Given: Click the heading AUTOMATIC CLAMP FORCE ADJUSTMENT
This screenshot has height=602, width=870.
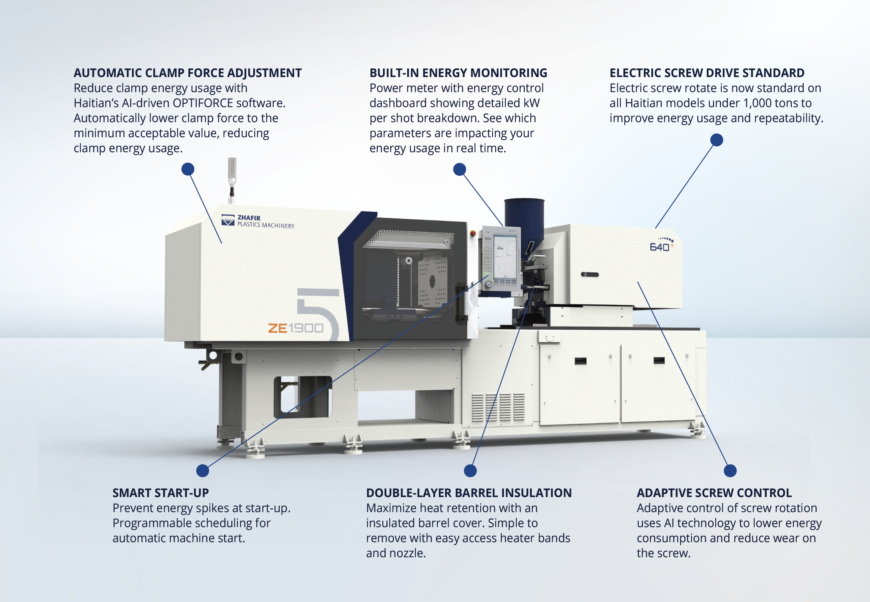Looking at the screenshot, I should (x=188, y=73).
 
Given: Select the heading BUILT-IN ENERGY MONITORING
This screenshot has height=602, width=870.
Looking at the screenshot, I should (x=458, y=73).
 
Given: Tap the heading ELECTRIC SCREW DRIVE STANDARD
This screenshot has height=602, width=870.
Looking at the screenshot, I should (x=707, y=73).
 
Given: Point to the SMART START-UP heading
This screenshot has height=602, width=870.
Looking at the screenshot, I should (x=160, y=493).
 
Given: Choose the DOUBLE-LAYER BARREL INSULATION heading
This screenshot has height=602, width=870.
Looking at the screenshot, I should (x=469, y=493).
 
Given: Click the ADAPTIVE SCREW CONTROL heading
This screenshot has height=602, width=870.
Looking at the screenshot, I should (x=714, y=493).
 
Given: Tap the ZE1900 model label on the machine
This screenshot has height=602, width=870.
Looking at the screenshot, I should (x=296, y=328).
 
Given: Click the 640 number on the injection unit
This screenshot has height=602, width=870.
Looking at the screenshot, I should (x=659, y=247).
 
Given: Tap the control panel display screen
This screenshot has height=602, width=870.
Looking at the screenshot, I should (x=505, y=257).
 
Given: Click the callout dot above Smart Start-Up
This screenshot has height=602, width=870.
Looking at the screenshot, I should (x=203, y=470).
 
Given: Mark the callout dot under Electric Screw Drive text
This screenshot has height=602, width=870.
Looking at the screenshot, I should (x=716, y=140).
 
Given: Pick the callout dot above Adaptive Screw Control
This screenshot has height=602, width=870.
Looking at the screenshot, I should (x=730, y=470).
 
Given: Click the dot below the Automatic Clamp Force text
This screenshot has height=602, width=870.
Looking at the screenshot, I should (x=188, y=169).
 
